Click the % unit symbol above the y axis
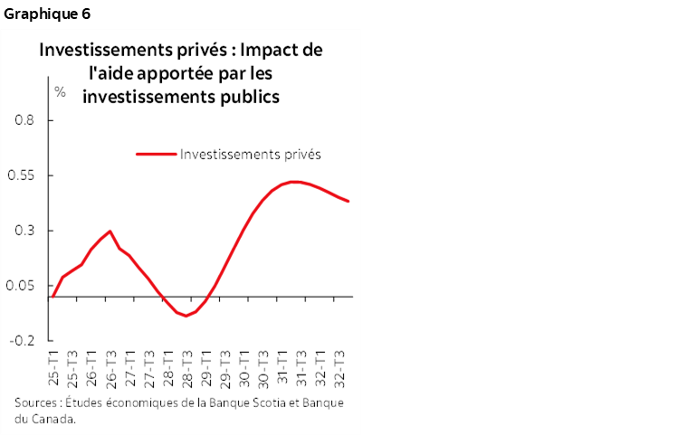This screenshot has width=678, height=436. (x=61, y=91)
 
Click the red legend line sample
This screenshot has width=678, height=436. (x=156, y=153)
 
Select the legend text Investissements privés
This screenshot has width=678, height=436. (x=251, y=153)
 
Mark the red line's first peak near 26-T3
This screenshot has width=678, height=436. (x=110, y=231)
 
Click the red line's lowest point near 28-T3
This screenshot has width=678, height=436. (x=186, y=316)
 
